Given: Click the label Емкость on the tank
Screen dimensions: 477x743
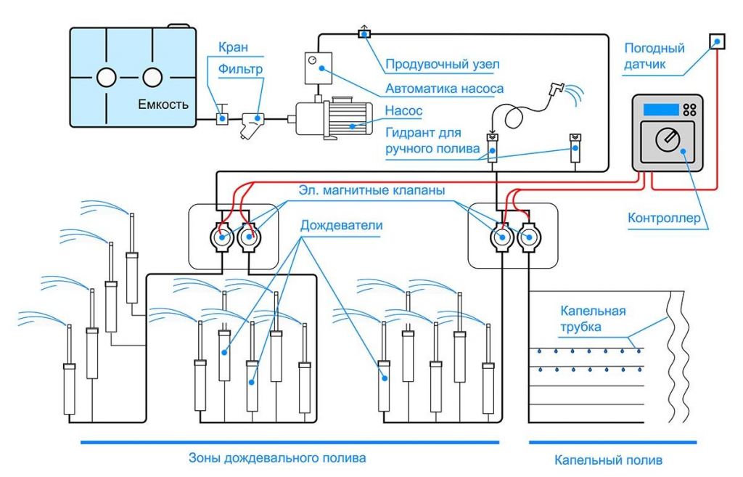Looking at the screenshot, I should pyautogui.click(x=163, y=104).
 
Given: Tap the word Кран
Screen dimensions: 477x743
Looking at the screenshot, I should pyautogui.click(x=233, y=47).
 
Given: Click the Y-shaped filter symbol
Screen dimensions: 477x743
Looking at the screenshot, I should pyautogui.click(x=253, y=121).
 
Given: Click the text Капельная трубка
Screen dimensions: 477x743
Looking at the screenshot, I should pyautogui.click(x=593, y=319).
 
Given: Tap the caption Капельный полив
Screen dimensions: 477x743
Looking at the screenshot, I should pyautogui.click(x=608, y=460).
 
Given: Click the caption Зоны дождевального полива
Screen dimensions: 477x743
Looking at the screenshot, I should pyautogui.click(x=277, y=458).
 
